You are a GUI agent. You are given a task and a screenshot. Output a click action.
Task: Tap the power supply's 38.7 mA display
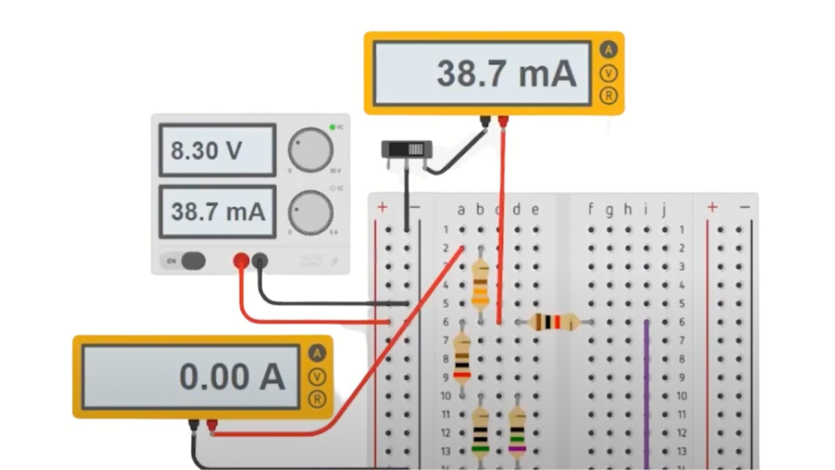click(x=217, y=212)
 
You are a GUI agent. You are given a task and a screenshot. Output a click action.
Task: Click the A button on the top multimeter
click(x=608, y=50)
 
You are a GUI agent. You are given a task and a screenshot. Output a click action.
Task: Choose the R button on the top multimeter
click(x=608, y=96)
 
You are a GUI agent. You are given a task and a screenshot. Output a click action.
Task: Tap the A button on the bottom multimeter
click(x=317, y=354)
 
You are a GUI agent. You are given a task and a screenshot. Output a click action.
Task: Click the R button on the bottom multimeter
click(x=317, y=399)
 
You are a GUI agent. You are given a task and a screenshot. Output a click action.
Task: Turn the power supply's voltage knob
click(x=310, y=150)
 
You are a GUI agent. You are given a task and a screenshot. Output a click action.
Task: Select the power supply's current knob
click(x=310, y=212)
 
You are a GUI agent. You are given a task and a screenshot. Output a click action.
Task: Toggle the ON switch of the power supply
click(x=192, y=261)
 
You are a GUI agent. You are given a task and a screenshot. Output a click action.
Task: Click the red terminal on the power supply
click(x=241, y=261)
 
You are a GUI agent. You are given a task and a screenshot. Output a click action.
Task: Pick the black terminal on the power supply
click(x=260, y=261)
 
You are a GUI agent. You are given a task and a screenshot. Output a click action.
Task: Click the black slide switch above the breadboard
click(x=407, y=149)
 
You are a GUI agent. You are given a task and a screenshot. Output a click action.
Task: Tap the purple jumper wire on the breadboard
click(x=646, y=392)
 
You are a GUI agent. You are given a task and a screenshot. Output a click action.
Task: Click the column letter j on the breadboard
click(x=664, y=209)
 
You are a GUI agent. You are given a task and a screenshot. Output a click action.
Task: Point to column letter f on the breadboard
click(x=590, y=209)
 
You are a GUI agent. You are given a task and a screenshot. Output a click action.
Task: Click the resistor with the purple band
click(x=517, y=430)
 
